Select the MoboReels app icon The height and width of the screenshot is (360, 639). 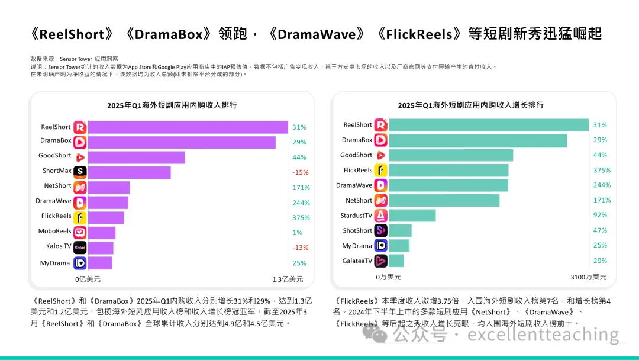(80, 232)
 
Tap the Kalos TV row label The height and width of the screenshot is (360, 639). (59, 246)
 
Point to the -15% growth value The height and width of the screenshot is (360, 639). (300, 172)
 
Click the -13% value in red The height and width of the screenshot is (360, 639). (300, 247)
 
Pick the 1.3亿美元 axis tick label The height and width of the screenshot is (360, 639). (288, 279)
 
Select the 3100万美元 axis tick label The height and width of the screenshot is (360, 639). (589, 277)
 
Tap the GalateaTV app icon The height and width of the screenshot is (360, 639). (381, 261)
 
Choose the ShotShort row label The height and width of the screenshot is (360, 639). (357, 231)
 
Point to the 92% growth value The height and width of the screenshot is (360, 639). (601, 215)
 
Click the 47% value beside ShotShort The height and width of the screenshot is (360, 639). (601, 230)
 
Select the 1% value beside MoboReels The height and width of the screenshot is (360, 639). (297, 232)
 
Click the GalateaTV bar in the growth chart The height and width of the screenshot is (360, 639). (396, 261)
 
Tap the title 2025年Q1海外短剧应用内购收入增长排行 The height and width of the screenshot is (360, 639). (470, 105)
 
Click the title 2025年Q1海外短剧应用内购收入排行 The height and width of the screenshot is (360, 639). (172, 105)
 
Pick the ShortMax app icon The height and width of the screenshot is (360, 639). (80, 172)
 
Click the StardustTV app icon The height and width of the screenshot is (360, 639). (381, 216)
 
